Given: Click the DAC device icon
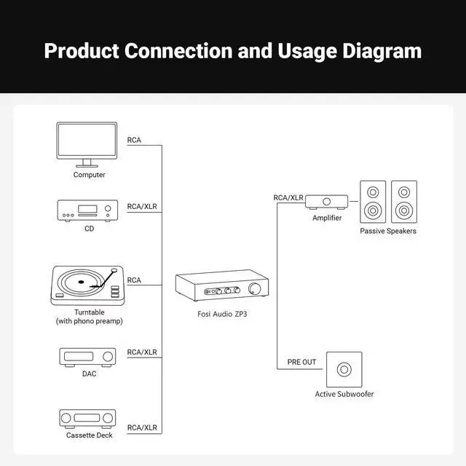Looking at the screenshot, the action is click(87, 357).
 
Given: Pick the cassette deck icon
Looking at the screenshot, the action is click(87, 419).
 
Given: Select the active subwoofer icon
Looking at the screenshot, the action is click(344, 370).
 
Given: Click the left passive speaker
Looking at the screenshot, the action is click(372, 202).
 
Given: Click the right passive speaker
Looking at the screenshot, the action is click(404, 202).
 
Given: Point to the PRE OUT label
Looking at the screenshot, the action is click(301, 362).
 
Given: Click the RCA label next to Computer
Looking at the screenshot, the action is click(134, 140).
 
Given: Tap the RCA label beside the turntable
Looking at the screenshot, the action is click(134, 280).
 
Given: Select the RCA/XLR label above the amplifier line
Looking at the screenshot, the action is click(288, 197).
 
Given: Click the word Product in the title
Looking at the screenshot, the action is click(82, 51).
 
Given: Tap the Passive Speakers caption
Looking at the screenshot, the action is click(388, 231).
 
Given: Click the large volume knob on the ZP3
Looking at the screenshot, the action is click(255, 291).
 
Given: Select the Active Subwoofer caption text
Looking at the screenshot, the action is click(344, 394).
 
